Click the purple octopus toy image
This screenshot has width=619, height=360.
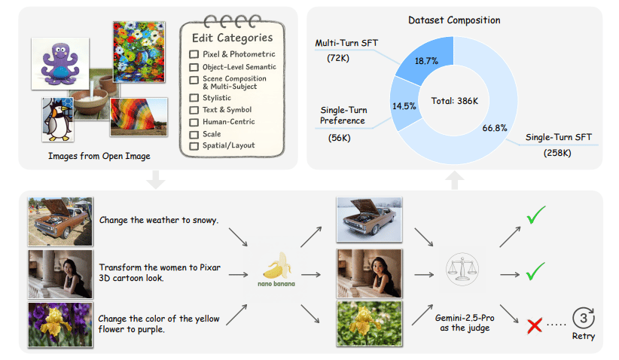(60, 63)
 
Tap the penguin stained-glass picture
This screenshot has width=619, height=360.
(58, 119)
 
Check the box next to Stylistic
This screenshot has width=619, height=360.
(194, 98)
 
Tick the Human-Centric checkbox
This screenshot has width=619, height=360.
(194, 122)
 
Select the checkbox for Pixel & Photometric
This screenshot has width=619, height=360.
(194, 54)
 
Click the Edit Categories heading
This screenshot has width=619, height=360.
(232, 38)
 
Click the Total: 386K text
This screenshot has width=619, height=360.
(454, 101)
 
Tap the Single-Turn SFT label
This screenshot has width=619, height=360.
(558, 137)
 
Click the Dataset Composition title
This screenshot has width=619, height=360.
(454, 20)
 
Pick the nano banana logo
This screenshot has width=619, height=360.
(276, 270)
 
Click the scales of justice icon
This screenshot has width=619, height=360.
(462, 269)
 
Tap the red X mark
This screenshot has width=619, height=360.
(535, 326)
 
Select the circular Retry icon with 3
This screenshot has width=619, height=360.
(584, 318)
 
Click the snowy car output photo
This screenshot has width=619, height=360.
(369, 219)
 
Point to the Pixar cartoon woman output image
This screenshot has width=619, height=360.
(369, 273)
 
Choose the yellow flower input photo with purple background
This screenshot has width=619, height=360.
(60, 325)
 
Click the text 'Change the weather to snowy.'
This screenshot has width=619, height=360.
(159, 220)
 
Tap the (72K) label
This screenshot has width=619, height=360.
(338, 59)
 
